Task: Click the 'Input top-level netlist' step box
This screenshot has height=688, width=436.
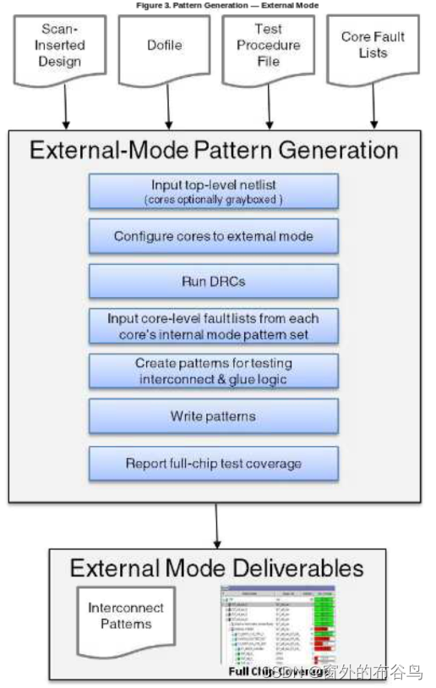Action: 214,191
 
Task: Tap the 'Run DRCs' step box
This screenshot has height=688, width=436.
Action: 214,280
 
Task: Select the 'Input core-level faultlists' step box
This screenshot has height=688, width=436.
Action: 214,326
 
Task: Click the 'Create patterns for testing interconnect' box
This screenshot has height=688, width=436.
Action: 214,371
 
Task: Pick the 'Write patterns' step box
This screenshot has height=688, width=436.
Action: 214,416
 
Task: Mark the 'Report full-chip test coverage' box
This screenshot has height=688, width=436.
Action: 214,464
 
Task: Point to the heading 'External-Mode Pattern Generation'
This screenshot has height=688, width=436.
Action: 214,151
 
